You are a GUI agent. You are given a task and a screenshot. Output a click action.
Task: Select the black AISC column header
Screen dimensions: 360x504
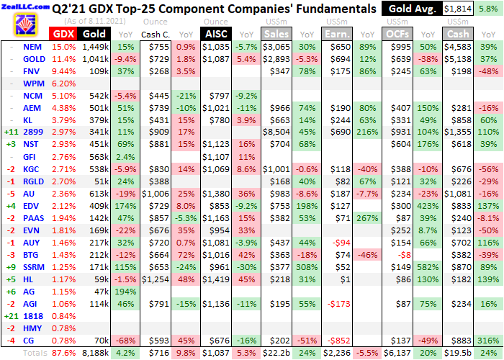tap(215, 33)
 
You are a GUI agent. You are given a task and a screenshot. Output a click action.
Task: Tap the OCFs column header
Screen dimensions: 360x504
tap(395, 33)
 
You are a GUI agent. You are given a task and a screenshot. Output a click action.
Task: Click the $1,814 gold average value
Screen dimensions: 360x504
tap(459, 9)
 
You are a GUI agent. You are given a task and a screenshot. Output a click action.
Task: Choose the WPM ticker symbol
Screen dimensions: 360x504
tap(33, 83)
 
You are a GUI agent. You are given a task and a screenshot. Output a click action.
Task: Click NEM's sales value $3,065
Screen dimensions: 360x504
tap(277, 46)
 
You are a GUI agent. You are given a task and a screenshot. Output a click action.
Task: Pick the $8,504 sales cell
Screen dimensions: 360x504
tap(277, 132)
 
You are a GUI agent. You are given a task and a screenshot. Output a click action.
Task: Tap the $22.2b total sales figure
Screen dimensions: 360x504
tap(276, 354)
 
